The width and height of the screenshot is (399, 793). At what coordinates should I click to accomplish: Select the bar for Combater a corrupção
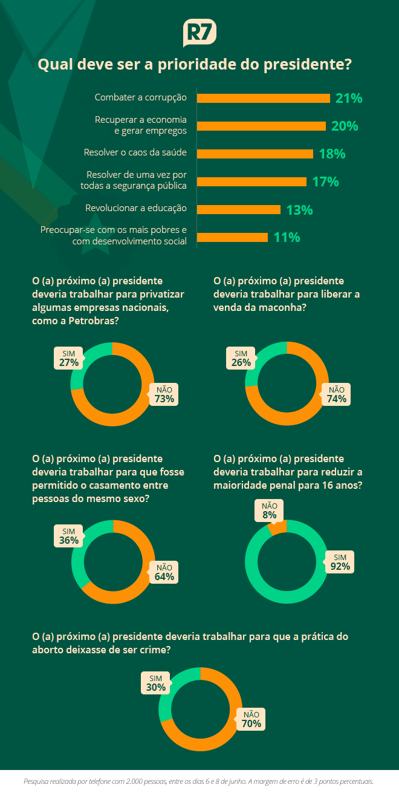click(263, 98)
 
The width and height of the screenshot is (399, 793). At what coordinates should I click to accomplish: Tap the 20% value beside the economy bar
click(345, 126)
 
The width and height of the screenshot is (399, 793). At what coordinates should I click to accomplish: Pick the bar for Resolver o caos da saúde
click(255, 154)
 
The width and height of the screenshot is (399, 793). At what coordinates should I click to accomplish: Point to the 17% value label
click(325, 181)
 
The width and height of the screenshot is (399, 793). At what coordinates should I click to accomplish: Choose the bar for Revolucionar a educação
click(239, 209)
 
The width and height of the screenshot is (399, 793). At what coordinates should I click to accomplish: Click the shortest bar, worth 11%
click(232, 237)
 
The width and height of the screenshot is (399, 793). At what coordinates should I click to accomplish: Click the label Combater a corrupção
click(141, 97)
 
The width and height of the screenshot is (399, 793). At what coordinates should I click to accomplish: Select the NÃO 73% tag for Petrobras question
click(164, 394)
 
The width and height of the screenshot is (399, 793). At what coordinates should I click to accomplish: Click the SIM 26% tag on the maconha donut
click(241, 358)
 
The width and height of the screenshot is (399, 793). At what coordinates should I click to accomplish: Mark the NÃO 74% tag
click(336, 394)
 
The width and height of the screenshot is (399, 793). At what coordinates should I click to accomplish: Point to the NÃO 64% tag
click(164, 572)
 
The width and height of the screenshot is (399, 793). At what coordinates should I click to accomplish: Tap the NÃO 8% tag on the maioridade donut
click(269, 511)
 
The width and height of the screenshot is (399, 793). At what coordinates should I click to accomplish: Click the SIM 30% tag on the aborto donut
click(155, 683)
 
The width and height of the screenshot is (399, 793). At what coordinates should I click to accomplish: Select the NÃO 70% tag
click(251, 719)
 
